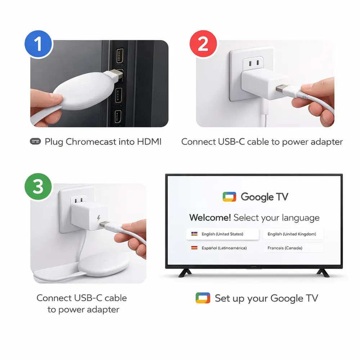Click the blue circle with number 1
coord(39,44)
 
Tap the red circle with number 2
coord(203,44)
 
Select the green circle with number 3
coord(39,186)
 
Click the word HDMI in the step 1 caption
coord(149,141)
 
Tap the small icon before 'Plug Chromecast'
coord(35,141)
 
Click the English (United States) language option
coord(222,234)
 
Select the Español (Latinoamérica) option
coord(222,248)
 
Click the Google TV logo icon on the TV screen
coord(229,197)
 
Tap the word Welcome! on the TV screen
coord(210,217)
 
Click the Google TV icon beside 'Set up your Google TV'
coord(203,298)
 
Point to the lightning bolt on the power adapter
coord(99,218)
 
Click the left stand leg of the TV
coord(185,273)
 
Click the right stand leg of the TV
coord(323,273)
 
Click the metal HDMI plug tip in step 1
coord(117,75)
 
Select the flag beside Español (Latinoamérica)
coord(194,248)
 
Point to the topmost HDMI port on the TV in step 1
coord(120,55)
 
